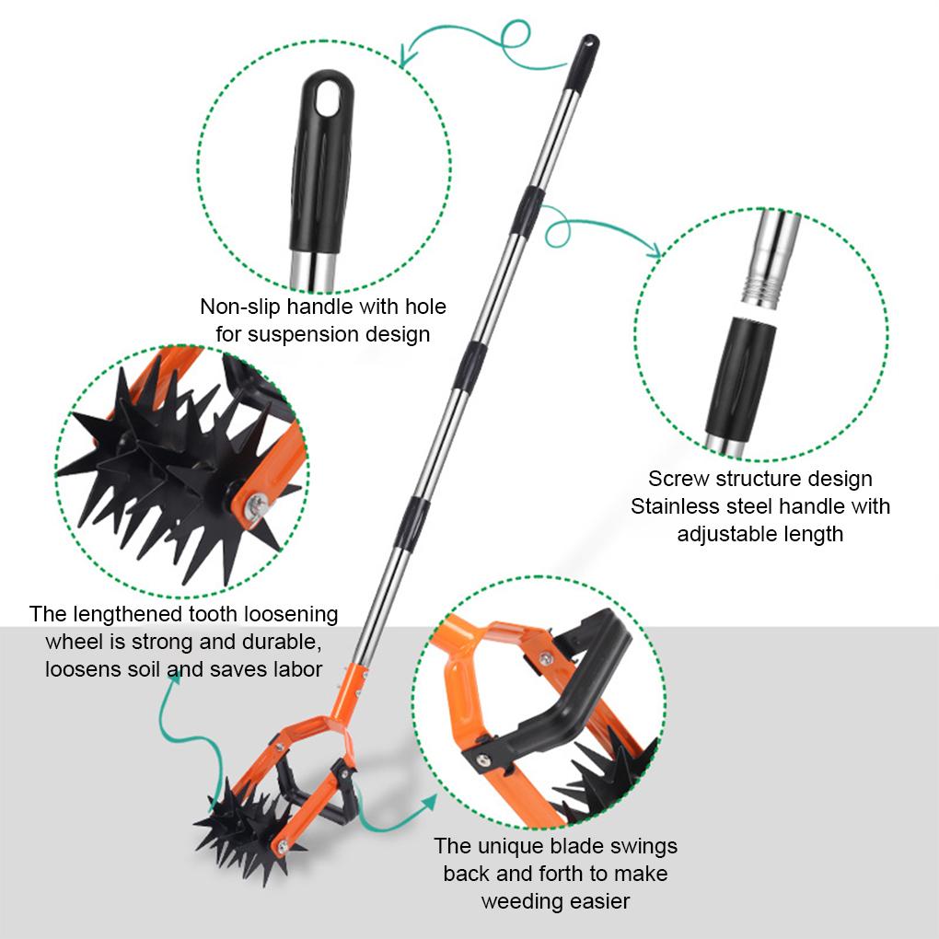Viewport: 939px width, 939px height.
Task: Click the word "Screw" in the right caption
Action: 678,479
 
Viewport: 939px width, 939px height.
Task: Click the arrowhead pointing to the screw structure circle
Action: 653,250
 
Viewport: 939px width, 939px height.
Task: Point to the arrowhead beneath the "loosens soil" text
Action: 172,679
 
